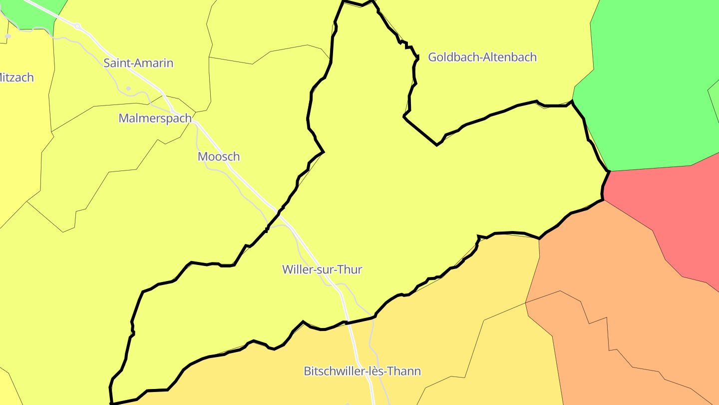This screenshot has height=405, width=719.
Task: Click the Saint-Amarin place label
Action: click(138, 63)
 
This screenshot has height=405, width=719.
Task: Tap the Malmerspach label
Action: click(155, 118)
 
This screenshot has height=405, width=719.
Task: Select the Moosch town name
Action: click(219, 156)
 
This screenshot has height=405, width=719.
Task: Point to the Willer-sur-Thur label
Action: click(322, 269)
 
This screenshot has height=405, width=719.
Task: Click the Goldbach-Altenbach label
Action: click(482, 57)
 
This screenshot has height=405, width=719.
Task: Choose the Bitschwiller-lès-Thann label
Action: click(362, 371)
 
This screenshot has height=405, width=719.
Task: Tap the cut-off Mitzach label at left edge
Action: click(16, 77)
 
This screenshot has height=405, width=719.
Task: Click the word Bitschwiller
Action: click(333, 371)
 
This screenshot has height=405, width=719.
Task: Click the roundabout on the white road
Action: click(77, 26)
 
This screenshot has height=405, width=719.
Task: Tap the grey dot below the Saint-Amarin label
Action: click(128, 88)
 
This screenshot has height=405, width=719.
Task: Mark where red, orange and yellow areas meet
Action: click(603, 200)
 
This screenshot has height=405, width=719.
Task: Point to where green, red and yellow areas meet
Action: click(609, 171)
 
